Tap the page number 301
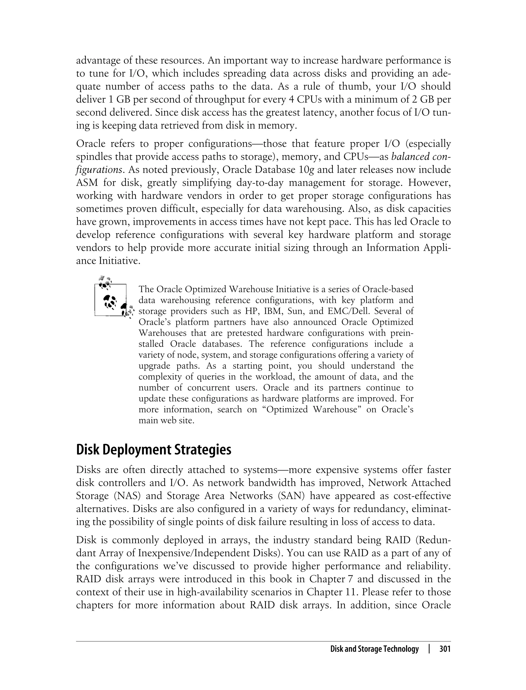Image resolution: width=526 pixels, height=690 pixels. [445, 649]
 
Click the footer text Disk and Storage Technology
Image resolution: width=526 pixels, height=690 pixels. [374, 649]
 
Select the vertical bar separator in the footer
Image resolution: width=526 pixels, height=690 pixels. [429, 649]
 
